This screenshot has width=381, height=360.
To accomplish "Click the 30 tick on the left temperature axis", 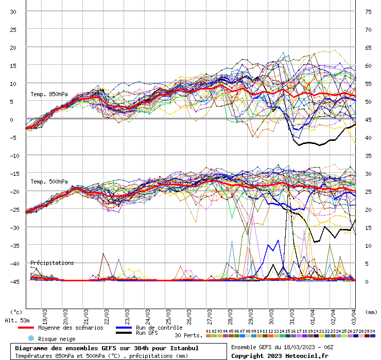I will pyautogui.click(x=13, y=12).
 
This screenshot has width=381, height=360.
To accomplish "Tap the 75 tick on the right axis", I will pyautogui.click(x=368, y=12).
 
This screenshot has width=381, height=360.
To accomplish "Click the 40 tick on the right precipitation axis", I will pyautogui.click(x=368, y=138).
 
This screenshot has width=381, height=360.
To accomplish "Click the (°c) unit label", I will pyautogui.click(x=16, y=312).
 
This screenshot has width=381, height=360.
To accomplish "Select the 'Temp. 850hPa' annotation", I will pyautogui.click(x=49, y=94).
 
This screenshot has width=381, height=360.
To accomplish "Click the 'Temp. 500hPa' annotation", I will pyautogui.click(x=49, y=182).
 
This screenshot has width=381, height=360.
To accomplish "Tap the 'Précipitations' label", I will pyautogui.click(x=52, y=263).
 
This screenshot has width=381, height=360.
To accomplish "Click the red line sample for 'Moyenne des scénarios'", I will pyautogui.click(x=26, y=328).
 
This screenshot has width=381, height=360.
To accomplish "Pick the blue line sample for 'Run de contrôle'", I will pyautogui.click(x=124, y=328).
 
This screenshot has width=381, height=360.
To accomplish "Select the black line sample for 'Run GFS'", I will pyautogui.click(x=124, y=333).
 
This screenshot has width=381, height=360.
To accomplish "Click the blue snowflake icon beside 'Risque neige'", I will pyautogui.click(x=30, y=338).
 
